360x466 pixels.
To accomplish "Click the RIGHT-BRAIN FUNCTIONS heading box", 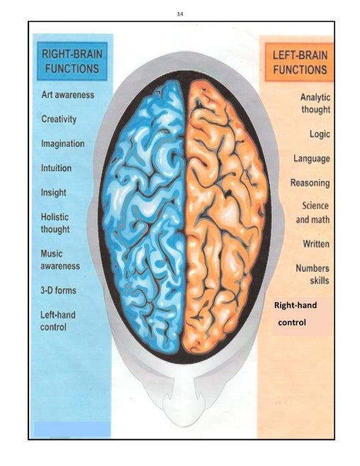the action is [72, 61].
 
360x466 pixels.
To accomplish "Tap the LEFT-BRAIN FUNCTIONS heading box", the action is [299, 62].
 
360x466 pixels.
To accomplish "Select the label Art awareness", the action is [68, 95].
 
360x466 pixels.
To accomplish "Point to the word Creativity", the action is [59, 119].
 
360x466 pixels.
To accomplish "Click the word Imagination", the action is [62, 143].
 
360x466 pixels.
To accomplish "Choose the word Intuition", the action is [56, 168].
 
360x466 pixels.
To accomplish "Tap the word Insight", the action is [53, 193].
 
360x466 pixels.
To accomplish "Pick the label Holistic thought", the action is [55, 223].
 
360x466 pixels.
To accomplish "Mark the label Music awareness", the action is [60, 260].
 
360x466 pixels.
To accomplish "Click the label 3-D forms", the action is [58, 290].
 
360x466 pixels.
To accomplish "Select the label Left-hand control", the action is [57, 321].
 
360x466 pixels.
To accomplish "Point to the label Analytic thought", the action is [315, 103].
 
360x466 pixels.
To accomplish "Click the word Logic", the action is [320, 134].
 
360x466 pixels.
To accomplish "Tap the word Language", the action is [312, 158].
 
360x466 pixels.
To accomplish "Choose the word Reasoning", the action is [310, 183].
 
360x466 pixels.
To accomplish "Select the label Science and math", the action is [313, 213].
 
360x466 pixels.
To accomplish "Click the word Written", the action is [316, 244].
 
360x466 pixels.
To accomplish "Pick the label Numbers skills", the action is [313, 274].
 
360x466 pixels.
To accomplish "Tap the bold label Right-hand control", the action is [296, 314].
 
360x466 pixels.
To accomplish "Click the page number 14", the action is [180, 14].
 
